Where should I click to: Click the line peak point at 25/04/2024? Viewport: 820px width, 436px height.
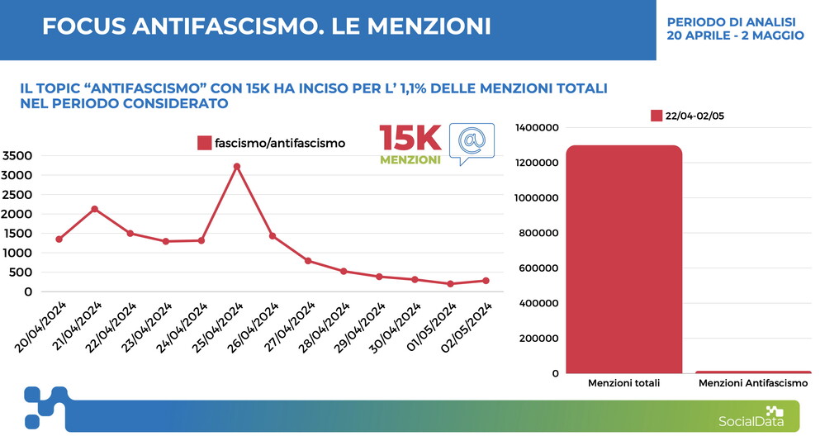236,167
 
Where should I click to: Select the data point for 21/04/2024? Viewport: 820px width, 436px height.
94,209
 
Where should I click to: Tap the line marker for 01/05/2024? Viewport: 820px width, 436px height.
450,284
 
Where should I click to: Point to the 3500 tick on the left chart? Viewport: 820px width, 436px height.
17,155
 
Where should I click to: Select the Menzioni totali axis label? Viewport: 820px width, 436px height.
623,384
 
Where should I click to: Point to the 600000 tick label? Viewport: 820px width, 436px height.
538,268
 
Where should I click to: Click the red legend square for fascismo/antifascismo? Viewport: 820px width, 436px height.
204,143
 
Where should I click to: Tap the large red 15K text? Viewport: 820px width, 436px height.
410,139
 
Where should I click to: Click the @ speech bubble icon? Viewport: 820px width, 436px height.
472,142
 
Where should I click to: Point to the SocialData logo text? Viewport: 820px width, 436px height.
741,422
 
